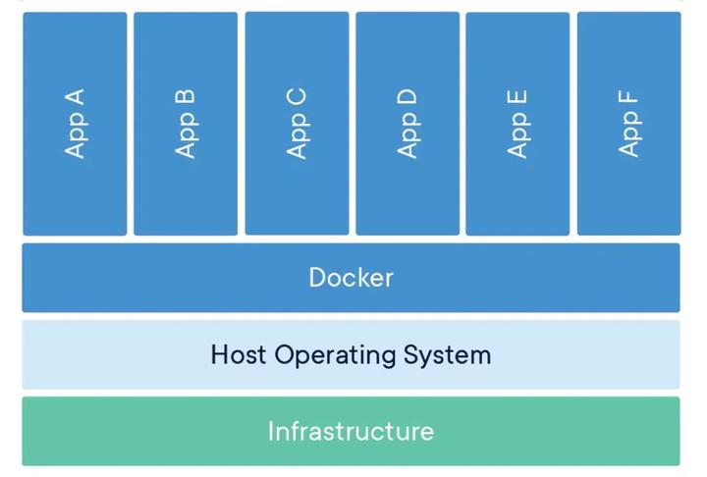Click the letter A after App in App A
75,97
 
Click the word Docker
351,278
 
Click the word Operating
335,355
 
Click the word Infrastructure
351,432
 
